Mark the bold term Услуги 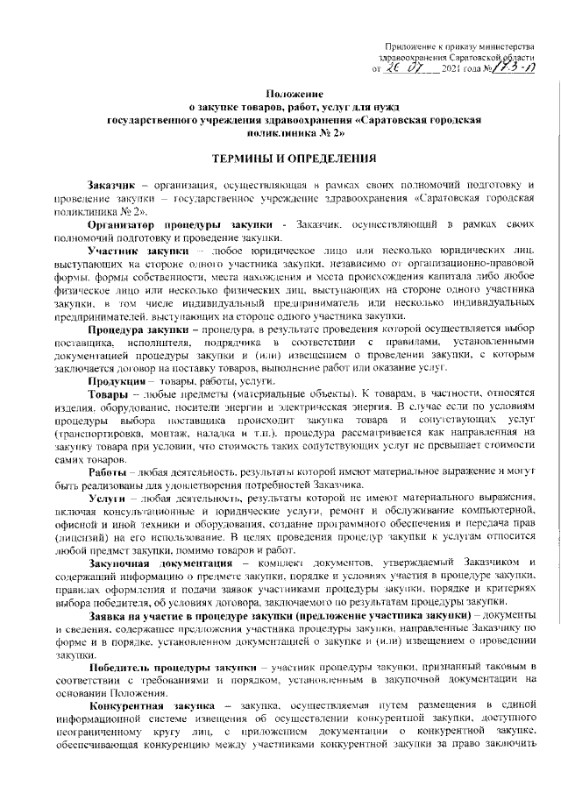click(107, 495)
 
